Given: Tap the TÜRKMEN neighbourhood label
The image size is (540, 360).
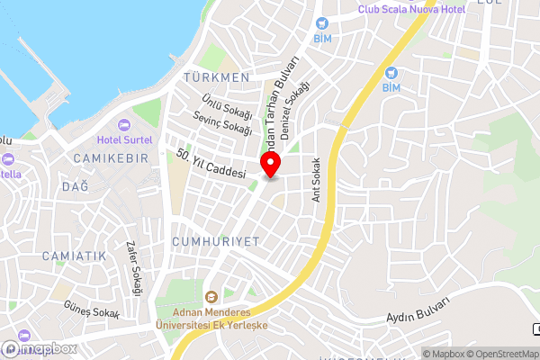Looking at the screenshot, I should click(x=215, y=77).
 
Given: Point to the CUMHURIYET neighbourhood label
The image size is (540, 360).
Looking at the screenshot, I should click(x=214, y=242).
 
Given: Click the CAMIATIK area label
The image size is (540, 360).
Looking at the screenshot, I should click(x=74, y=256).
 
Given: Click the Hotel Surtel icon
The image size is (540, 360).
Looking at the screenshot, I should click(x=124, y=124).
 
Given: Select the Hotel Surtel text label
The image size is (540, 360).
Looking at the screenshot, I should click(x=124, y=139).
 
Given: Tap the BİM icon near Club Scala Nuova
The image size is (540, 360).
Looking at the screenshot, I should click(x=321, y=23).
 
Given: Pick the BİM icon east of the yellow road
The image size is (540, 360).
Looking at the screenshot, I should click(x=391, y=73).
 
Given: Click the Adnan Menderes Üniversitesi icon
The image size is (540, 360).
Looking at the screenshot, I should click(x=211, y=297).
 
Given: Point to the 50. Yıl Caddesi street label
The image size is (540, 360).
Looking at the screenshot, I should click(x=212, y=164).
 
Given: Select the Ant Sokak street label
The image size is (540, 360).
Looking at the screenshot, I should click(x=316, y=180).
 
